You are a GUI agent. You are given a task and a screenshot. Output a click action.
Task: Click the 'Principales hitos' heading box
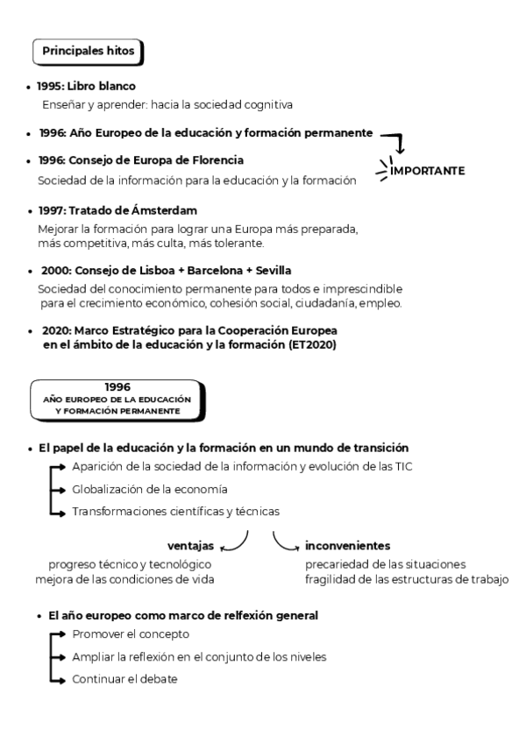point(88,52)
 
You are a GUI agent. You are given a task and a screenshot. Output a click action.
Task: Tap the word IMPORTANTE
point(427,170)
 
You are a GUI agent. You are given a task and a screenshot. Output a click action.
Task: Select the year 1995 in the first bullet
point(48,88)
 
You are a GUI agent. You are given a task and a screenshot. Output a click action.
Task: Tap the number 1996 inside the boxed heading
point(117,386)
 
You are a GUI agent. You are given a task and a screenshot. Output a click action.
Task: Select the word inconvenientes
point(348,545)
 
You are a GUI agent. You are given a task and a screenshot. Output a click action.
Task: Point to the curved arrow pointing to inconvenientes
point(285,541)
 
